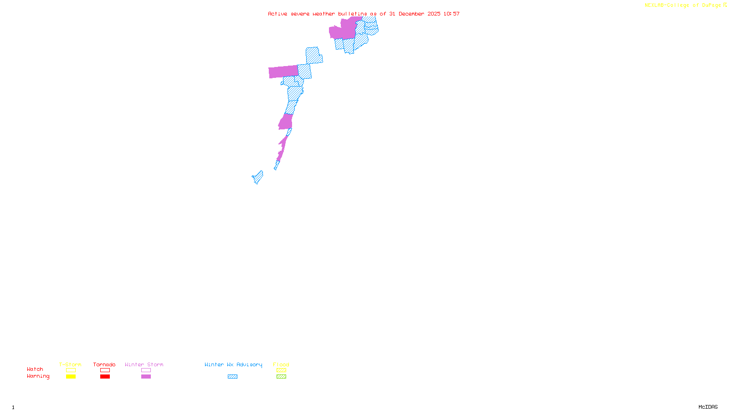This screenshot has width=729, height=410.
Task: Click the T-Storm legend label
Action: click(x=70, y=364)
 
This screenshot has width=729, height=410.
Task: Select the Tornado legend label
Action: click(x=104, y=364)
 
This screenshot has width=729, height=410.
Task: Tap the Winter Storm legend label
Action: click(x=144, y=364)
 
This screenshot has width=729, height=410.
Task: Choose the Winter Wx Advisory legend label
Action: click(x=233, y=364)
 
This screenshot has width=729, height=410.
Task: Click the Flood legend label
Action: click(x=281, y=364)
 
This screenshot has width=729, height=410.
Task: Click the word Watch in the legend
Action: click(x=35, y=369)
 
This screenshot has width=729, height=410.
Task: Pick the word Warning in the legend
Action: click(x=38, y=376)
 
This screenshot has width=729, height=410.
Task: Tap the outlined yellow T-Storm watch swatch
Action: click(x=71, y=370)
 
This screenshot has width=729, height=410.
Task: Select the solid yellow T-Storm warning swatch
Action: click(x=71, y=377)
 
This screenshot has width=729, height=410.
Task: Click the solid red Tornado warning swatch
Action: click(x=105, y=377)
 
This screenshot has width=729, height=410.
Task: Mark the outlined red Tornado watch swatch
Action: click(x=105, y=370)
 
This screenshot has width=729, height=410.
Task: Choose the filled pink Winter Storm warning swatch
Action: click(x=146, y=377)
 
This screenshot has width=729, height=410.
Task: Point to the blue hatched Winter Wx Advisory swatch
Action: click(x=232, y=377)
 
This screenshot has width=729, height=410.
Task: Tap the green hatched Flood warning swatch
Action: click(x=281, y=377)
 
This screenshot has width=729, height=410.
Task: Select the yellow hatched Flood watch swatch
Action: click(x=281, y=370)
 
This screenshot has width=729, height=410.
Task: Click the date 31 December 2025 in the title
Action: click(x=415, y=14)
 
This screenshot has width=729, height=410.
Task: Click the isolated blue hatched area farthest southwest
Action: click(x=258, y=177)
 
